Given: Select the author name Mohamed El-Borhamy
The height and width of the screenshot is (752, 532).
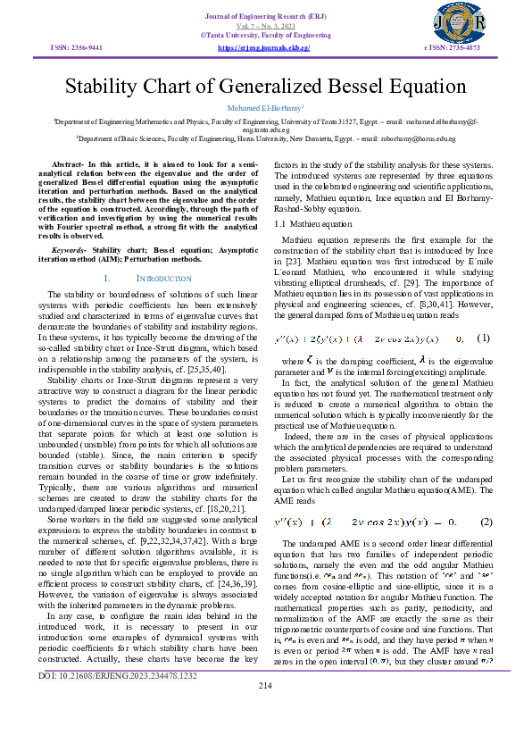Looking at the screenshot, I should coord(265,107).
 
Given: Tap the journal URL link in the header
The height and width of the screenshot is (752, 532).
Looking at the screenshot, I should coord(263,46).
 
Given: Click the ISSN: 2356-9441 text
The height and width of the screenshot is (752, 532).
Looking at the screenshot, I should coord(77,46).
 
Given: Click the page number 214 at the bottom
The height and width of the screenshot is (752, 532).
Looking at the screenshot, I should coord(265,735).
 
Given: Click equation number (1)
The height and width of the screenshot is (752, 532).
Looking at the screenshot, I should coord(483,338).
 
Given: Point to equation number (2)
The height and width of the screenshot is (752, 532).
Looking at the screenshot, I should coord(486,522).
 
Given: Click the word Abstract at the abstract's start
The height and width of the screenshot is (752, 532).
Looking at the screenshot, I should coord(68,166).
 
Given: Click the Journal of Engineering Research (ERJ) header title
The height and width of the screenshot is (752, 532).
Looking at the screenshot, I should coord(265,15).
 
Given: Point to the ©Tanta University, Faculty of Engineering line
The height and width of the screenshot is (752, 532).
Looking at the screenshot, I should coord(265,35).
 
